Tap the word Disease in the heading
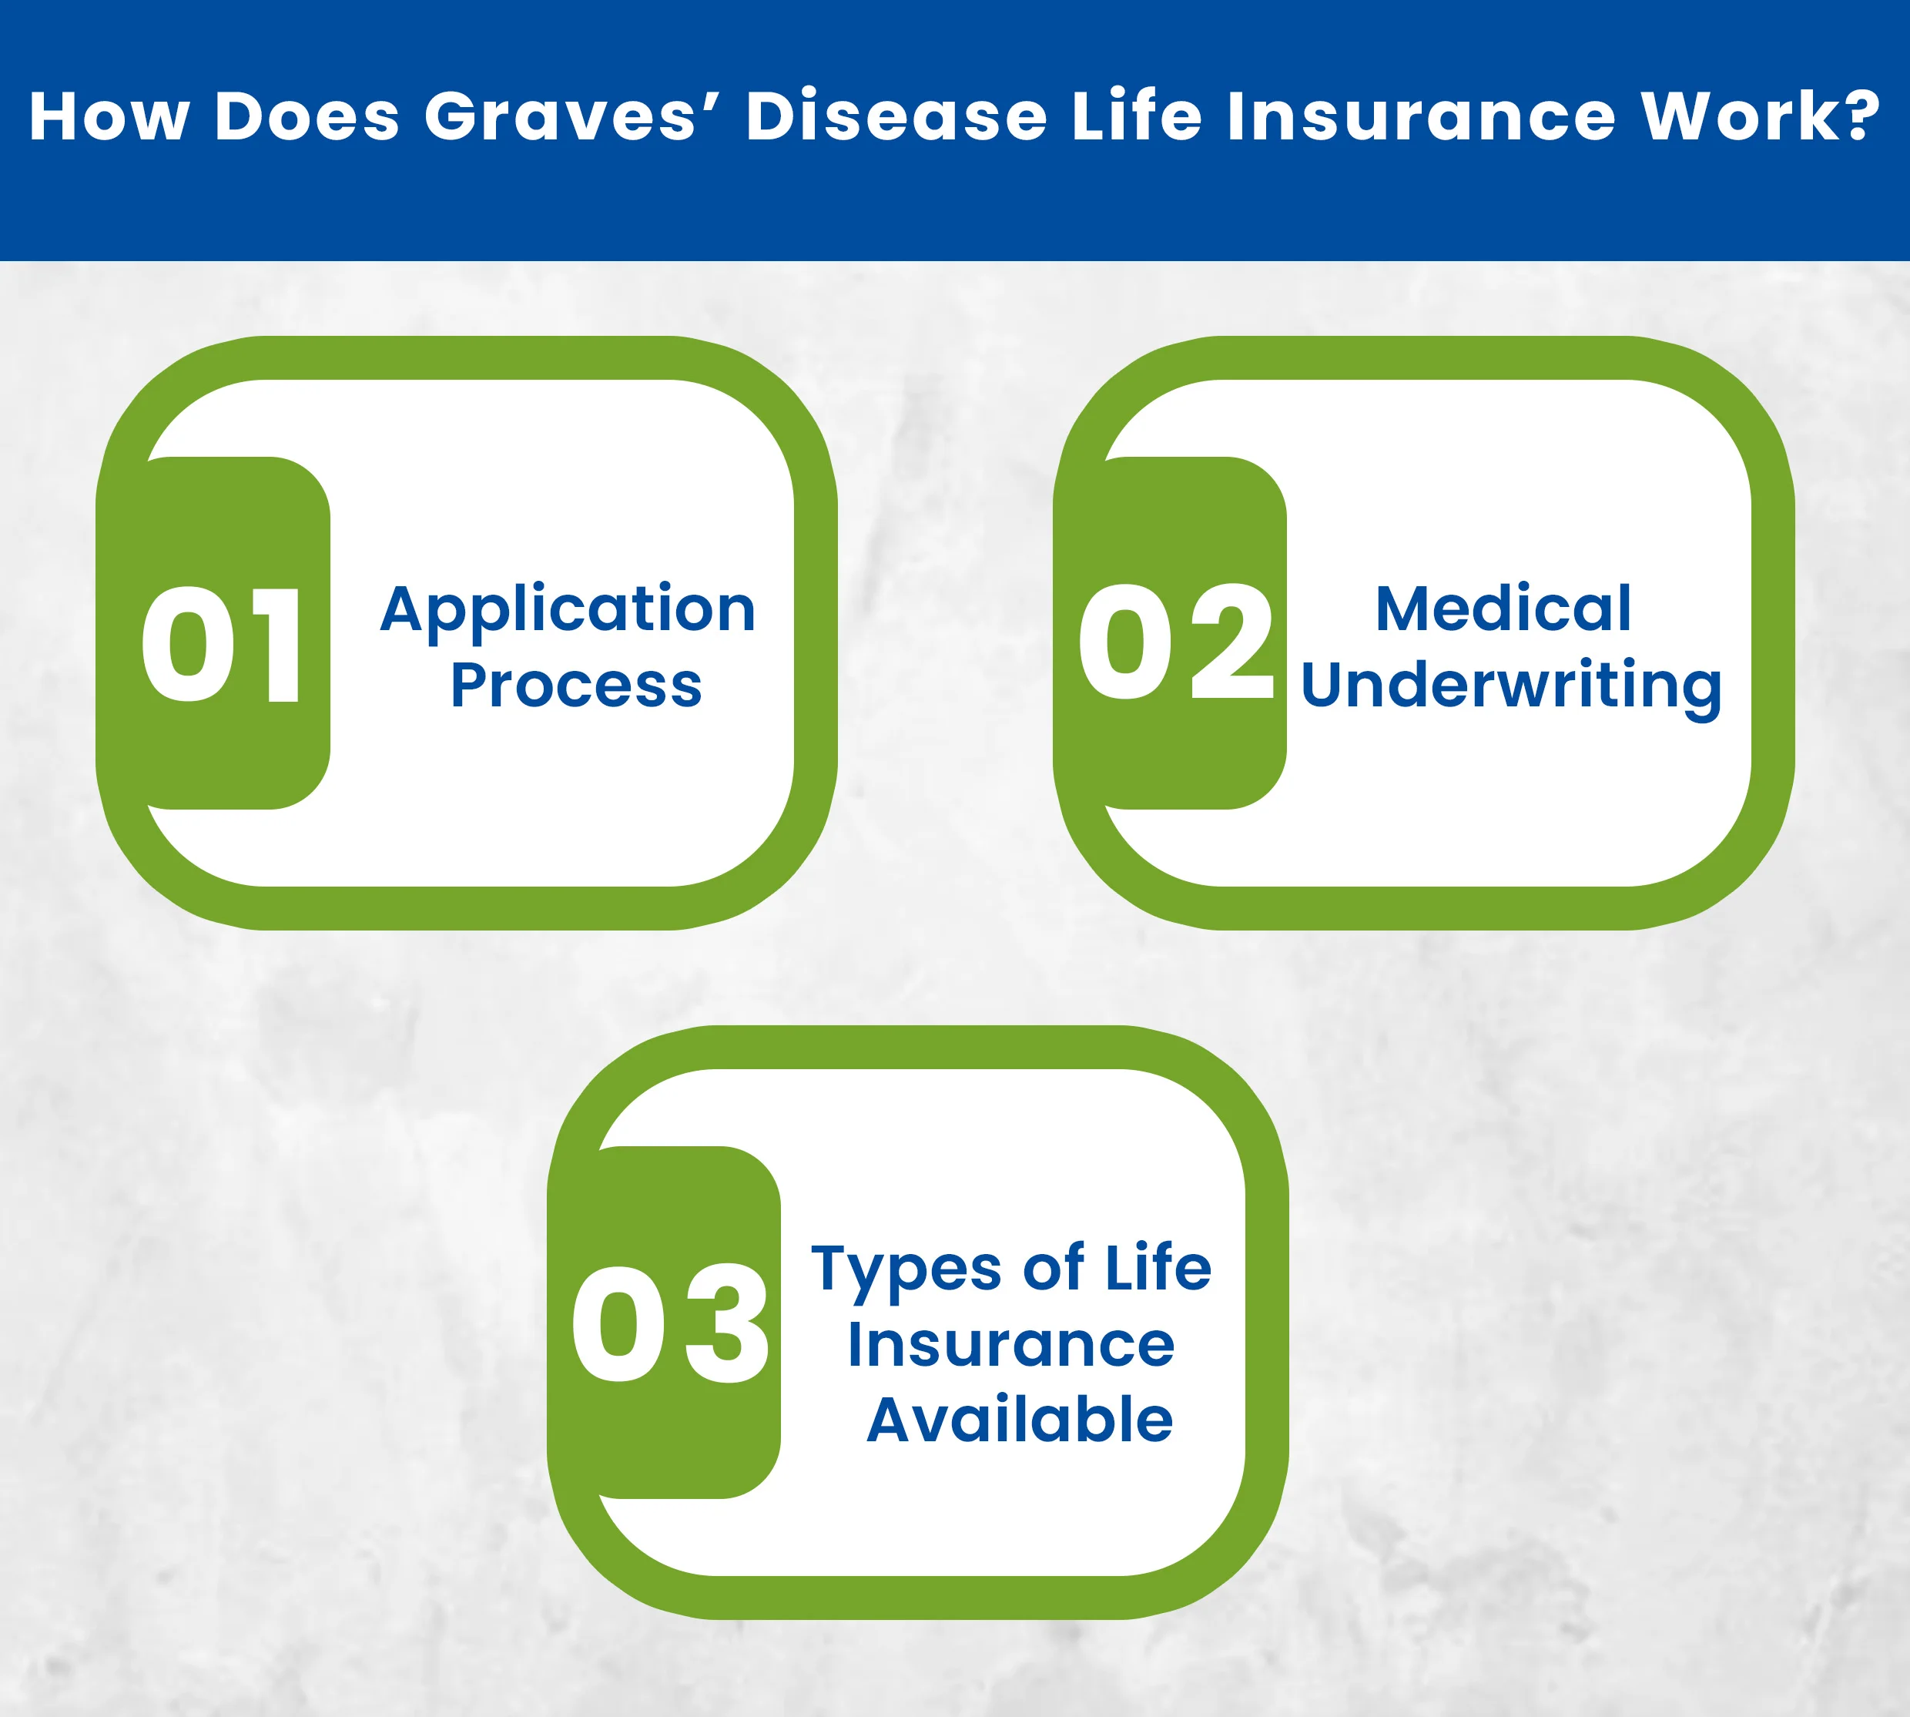click(896, 116)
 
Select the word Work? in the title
click(1760, 116)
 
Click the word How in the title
click(109, 116)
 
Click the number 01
click(223, 646)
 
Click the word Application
click(568, 610)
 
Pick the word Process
click(575, 686)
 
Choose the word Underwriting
click(1511, 686)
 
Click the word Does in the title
click(307, 116)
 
